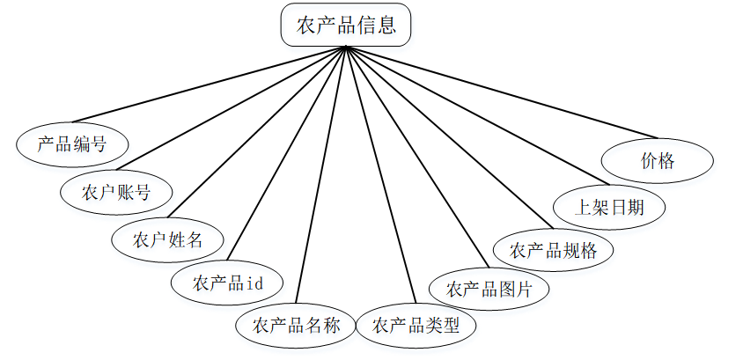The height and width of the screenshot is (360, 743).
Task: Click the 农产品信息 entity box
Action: point(345,26)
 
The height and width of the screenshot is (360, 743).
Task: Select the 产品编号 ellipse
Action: point(72,143)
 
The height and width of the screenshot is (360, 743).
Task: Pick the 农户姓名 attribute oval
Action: point(168,239)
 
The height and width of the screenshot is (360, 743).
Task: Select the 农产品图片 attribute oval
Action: point(489,289)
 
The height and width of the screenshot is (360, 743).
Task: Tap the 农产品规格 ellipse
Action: point(554,250)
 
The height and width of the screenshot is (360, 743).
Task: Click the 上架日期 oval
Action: point(609,207)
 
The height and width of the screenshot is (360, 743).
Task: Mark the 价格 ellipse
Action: point(657,161)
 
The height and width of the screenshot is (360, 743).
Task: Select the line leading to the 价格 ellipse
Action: point(502,92)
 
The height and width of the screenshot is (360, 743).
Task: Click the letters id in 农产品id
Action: point(254,283)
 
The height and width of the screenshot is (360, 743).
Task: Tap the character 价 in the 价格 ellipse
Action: point(648,161)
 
